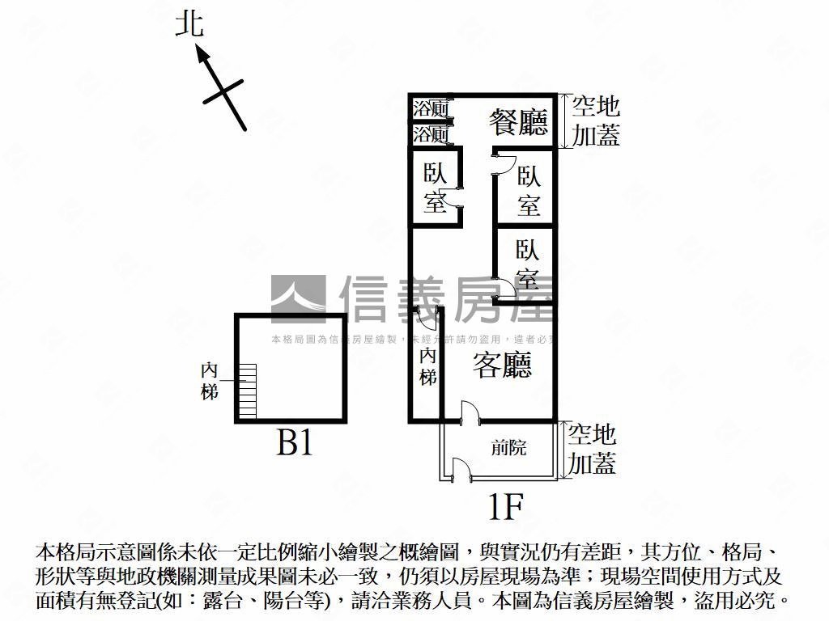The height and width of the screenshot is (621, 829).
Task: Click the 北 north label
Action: coord(190,25)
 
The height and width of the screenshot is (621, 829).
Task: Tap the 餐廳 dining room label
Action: coord(518,122)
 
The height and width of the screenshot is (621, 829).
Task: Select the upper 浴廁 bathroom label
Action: coord(431,108)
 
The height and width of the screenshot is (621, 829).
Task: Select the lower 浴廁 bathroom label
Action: coord(431,134)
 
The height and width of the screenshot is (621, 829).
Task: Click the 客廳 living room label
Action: coord(502,367)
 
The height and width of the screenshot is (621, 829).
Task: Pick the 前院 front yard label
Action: coord(509,447)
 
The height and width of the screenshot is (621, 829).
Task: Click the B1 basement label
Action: coord(295,443)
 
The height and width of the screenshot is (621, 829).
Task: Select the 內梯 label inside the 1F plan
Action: coord(428,365)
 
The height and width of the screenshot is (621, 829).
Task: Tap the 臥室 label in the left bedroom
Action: coord(436,188)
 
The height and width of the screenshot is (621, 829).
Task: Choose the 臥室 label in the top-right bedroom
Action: coord(529,192)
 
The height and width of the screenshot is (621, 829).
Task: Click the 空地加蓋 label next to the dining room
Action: coord(596,120)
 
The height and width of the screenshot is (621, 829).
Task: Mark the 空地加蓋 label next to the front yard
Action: coord(592,450)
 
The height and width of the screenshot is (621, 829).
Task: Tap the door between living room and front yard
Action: coord(468,412)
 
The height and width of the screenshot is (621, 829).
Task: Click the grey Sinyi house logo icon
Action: coord(298,298)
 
